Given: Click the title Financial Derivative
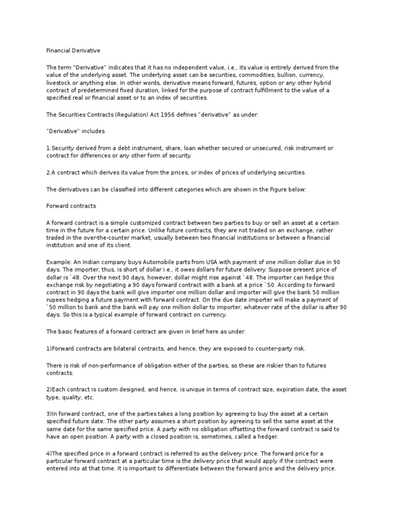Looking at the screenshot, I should tap(73, 51).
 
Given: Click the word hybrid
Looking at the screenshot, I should tap(314, 82).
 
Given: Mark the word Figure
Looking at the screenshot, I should tap(279, 189).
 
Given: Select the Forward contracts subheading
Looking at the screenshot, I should tap(71, 206).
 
